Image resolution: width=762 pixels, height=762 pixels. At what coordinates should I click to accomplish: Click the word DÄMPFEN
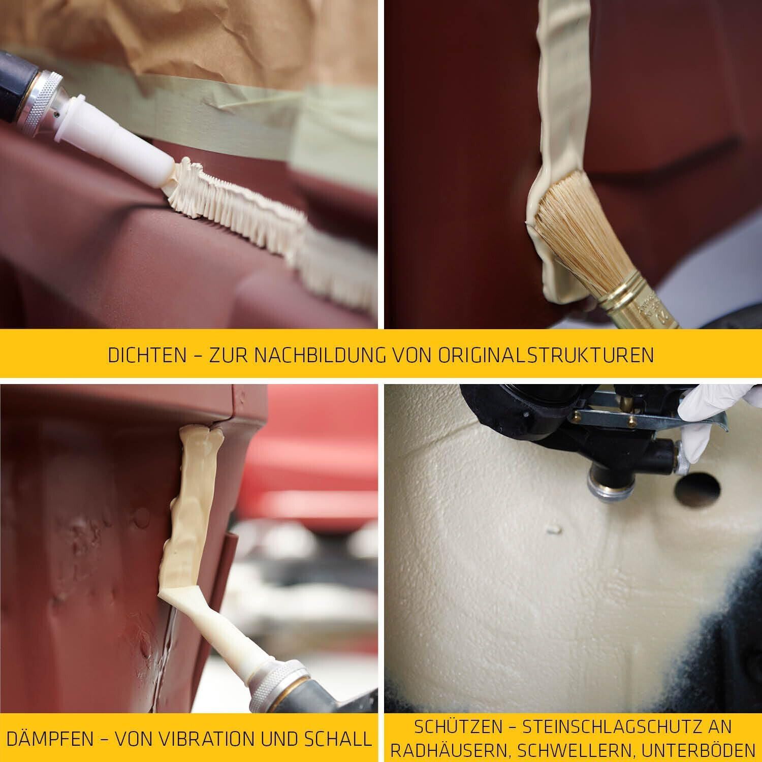click(50, 739)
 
